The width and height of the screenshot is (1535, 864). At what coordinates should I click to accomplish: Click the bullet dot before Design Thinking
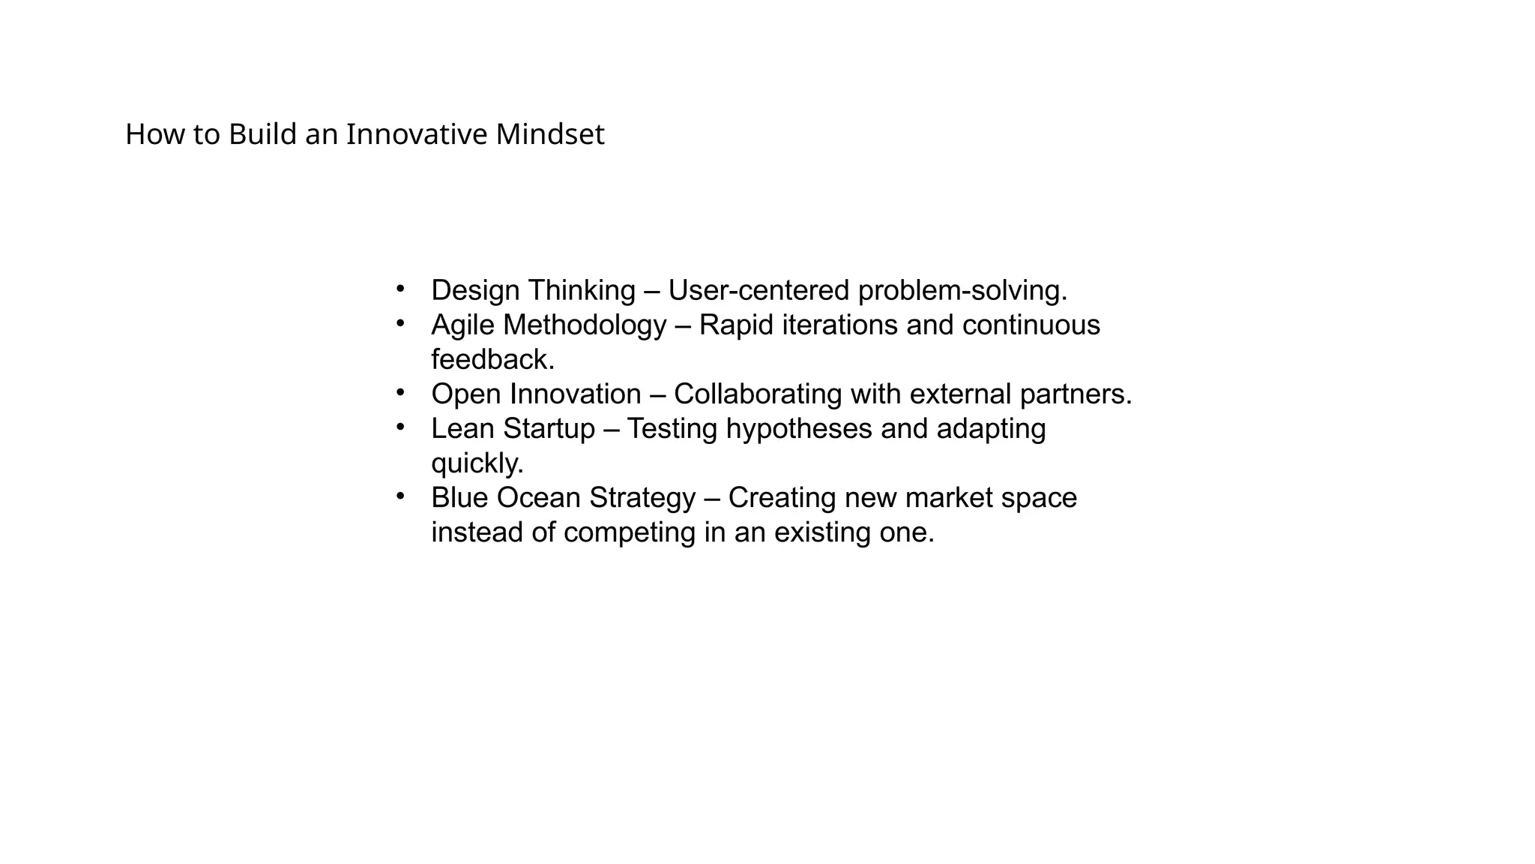pos(400,289)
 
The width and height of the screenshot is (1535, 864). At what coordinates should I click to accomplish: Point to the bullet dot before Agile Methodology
pos(400,323)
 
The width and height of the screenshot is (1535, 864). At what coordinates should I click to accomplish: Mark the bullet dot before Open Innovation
pos(400,392)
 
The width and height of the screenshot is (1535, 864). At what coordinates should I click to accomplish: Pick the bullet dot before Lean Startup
pos(400,427)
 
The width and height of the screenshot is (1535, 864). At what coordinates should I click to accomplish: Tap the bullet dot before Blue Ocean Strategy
pos(400,496)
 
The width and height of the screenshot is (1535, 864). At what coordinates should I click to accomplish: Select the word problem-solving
pos(962,290)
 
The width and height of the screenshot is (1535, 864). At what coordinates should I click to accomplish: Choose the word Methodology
pos(585,325)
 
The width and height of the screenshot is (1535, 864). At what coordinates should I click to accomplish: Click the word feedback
pos(492,360)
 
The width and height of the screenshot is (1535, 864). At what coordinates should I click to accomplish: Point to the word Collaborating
pos(757,394)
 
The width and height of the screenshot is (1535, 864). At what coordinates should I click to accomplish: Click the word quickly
pos(477,463)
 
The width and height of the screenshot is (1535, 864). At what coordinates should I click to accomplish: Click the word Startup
pos(549,429)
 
